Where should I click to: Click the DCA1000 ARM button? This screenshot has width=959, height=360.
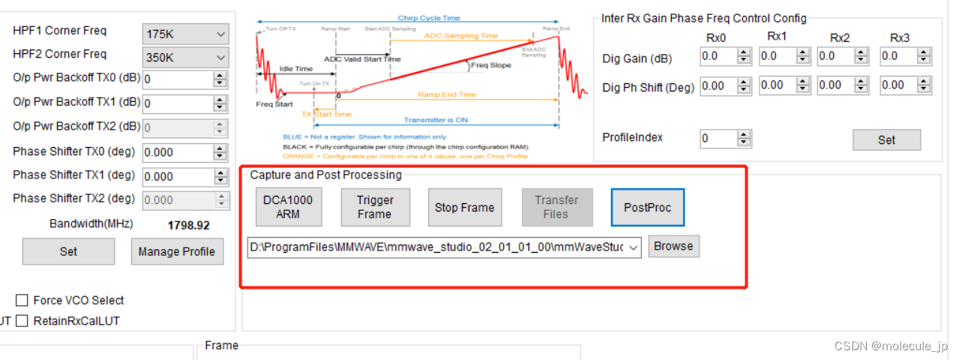(x=289, y=207)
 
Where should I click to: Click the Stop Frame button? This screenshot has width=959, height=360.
(x=464, y=207)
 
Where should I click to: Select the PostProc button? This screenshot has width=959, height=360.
(x=647, y=207)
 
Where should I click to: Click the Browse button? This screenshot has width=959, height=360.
(x=673, y=246)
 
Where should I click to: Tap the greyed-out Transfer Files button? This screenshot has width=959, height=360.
(x=556, y=207)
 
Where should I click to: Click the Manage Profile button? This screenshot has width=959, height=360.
(x=176, y=251)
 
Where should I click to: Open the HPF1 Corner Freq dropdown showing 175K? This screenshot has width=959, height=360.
(x=185, y=34)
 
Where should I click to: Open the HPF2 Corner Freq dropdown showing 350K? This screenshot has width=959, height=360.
(x=185, y=57)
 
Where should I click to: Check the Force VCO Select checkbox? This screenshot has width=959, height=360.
(x=22, y=301)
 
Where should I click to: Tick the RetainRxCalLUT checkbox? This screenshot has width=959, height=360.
(x=22, y=321)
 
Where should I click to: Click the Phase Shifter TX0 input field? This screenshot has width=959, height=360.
(x=177, y=152)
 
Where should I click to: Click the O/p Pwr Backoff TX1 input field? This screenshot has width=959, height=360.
(x=177, y=103)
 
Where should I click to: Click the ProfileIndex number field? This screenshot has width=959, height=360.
(x=718, y=139)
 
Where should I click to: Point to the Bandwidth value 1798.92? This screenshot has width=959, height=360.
(x=188, y=225)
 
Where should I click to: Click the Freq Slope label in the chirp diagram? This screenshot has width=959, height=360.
(x=491, y=65)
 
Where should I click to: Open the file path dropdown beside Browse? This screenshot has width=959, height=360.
(x=634, y=247)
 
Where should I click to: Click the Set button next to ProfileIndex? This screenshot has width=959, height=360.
(x=886, y=139)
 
